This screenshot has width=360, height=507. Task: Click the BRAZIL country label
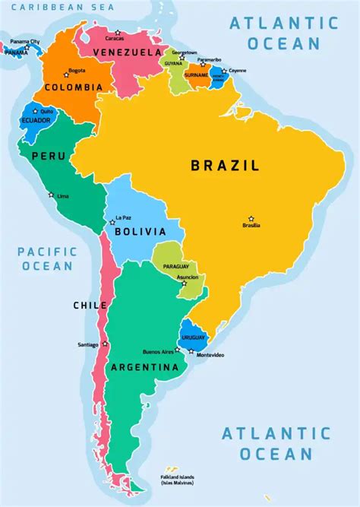[x=225, y=165]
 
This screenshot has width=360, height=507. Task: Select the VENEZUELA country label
[x=127, y=52]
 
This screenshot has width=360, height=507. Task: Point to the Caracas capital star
[x=118, y=32]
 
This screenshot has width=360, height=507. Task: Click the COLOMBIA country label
[x=73, y=87]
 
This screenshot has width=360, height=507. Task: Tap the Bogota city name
[x=77, y=71]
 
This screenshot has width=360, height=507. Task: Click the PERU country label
[x=46, y=156]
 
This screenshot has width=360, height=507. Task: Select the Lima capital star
[x=52, y=195]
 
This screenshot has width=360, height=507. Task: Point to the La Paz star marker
[x=112, y=222]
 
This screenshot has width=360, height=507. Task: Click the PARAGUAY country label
[x=175, y=266]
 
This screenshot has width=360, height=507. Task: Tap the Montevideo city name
[x=210, y=356]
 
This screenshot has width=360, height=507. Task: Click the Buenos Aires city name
[x=158, y=352]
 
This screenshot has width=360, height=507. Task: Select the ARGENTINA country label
[x=144, y=367]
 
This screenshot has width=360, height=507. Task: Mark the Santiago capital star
[x=105, y=344]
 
